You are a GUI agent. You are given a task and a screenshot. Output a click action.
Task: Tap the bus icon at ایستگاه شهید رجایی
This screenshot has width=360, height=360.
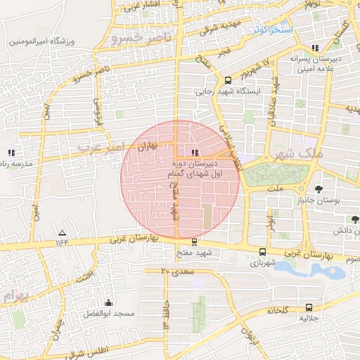coord(228,80)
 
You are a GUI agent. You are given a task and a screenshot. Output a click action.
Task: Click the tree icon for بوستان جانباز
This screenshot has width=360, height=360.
coord(319,188)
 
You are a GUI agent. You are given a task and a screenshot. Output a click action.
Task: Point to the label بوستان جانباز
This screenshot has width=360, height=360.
coord(328,202)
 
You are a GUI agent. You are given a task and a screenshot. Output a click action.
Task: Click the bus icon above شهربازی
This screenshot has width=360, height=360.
coord(262,252)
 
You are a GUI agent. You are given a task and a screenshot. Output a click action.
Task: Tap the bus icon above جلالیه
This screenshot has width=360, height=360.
coord(310,307)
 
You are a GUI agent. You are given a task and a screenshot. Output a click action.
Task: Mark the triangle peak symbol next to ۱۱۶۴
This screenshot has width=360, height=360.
coord(62,233)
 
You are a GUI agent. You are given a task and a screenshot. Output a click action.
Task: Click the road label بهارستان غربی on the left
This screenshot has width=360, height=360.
coord(136,239)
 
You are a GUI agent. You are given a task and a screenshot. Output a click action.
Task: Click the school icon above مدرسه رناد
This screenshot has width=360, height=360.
coord(11,152)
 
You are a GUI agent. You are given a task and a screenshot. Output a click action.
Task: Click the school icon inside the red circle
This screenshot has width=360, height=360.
coord(195,152)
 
